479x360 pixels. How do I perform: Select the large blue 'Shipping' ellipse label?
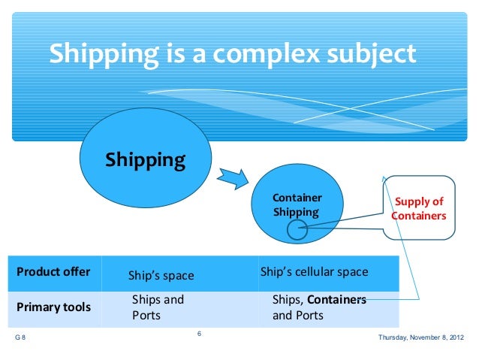145,160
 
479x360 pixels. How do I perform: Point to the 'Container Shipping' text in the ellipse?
296,204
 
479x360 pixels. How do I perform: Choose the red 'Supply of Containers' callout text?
419,208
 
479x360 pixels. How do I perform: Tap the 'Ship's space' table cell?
161,276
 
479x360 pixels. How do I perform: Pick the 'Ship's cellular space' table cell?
314,271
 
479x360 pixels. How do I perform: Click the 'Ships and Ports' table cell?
158,307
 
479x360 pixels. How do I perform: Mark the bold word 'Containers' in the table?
336,299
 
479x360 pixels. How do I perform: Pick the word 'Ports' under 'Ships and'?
146,316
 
